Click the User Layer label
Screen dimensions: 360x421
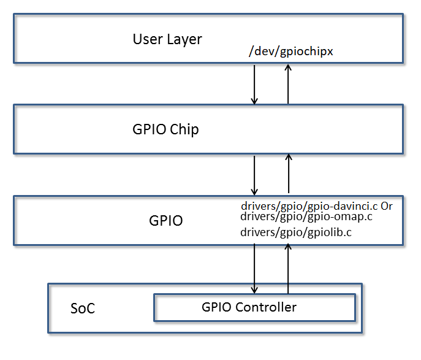(x=167, y=39)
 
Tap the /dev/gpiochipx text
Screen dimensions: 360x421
(x=290, y=52)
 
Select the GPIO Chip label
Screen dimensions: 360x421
(x=165, y=129)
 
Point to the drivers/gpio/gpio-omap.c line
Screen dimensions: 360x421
(x=306, y=216)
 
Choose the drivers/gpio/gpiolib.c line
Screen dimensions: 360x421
(x=296, y=233)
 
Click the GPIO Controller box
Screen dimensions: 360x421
(x=254, y=307)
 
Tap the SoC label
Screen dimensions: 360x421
(x=82, y=308)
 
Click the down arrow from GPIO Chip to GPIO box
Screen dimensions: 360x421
(x=255, y=174)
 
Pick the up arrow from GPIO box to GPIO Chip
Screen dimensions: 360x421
(x=289, y=174)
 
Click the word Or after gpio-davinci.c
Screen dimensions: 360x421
(x=386, y=206)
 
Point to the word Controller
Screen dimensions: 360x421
(x=267, y=307)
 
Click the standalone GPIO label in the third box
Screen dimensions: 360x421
(x=165, y=221)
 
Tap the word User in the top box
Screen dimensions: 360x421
(x=146, y=39)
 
